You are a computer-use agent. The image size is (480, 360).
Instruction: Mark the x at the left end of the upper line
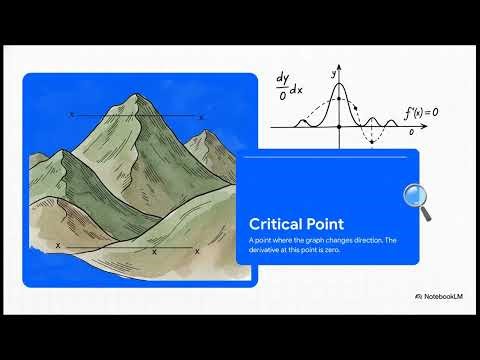pyautogui.click(x=72, y=114)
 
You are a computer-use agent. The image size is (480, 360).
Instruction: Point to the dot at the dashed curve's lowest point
pyautogui.click(x=372, y=143)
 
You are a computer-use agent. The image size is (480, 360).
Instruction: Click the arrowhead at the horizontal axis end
pyautogui.click(x=416, y=128)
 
